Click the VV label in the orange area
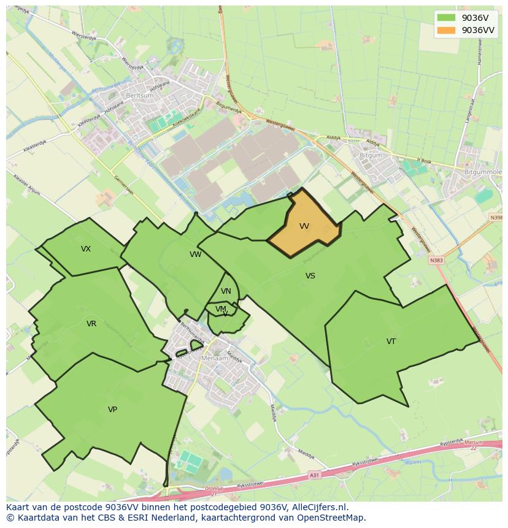click(304, 226)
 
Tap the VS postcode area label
click(310, 276)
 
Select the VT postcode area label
click(391, 342)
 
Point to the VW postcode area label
click(195, 254)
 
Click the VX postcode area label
click(86, 249)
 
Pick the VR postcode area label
click(91, 324)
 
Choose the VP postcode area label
click(112, 409)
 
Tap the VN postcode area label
click(226, 291)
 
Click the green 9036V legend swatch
click(447, 18)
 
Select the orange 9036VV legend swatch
click(447, 30)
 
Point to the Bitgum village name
click(371, 156)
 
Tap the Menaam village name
click(215, 358)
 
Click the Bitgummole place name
click(483, 174)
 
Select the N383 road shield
click(436, 260)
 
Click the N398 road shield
click(496, 218)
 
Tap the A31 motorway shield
click(314, 475)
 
